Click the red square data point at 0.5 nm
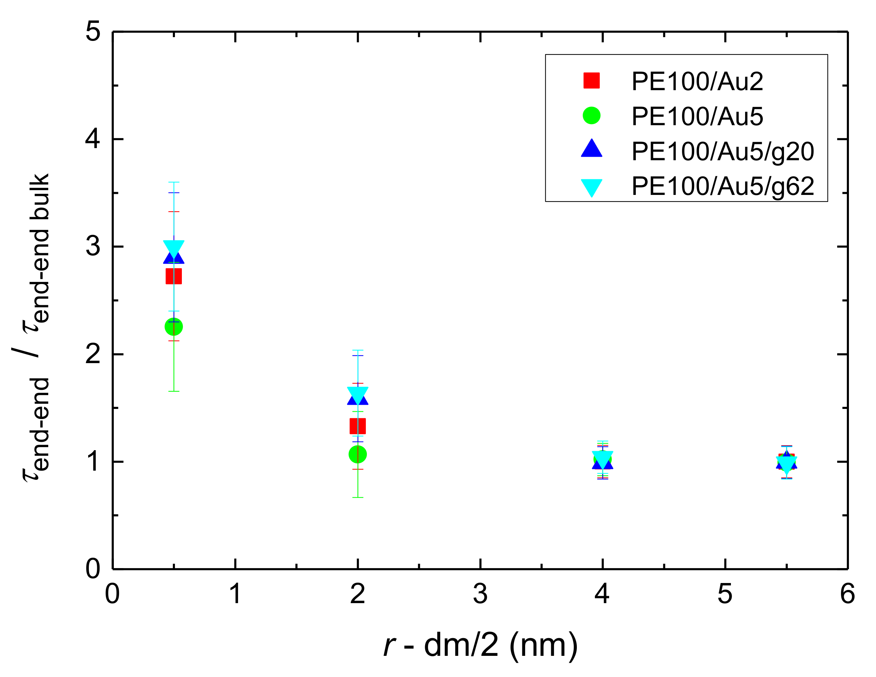tap(174, 276)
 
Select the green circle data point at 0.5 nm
tap(174, 327)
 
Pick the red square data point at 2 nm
tap(357, 426)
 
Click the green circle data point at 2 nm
tap(357, 454)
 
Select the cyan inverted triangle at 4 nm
tap(603, 458)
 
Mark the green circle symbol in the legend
tap(592, 115)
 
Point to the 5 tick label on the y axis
tap(93, 32)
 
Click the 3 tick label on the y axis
tap(93, 246)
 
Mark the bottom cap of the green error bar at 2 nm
tap(357, 497)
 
